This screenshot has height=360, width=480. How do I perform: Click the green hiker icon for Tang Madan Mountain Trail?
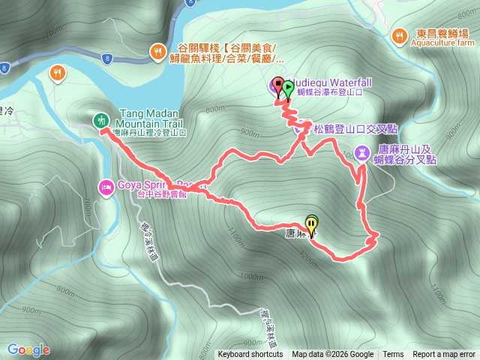click(100, 120)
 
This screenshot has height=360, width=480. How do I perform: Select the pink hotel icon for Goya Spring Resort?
click(106, 187)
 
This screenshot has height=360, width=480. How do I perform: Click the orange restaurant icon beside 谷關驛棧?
click(157, 51)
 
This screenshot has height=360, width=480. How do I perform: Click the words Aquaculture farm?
click(442, 43)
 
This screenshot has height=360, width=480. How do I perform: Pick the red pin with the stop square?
click(278, 85)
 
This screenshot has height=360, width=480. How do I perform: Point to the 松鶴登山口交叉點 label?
click(343, 128)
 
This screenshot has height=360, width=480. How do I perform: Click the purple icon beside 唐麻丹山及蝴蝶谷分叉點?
click(363, 153)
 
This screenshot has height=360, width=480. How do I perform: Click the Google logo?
click(28, 349)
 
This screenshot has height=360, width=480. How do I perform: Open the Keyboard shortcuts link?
click(250, 355)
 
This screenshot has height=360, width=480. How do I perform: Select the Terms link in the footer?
click(393, 355)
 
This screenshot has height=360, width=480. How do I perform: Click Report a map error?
click(445, 355)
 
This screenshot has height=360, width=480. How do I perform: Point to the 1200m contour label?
click(308, 256)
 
